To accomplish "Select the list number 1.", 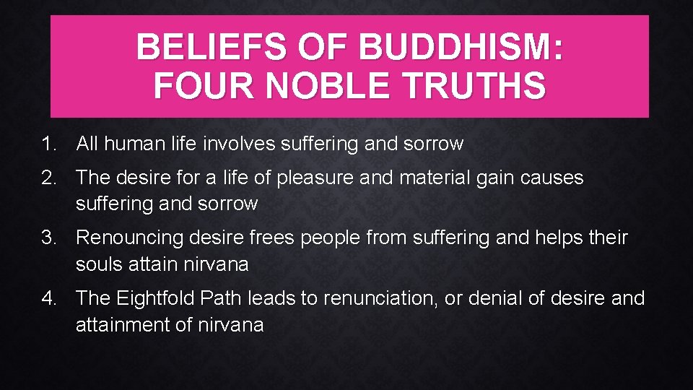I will pos(48,144).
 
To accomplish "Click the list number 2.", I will pos(48,177).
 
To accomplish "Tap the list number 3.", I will pos(48,238).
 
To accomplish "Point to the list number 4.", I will pos(48,298).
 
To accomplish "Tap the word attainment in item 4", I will pos(123,325).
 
